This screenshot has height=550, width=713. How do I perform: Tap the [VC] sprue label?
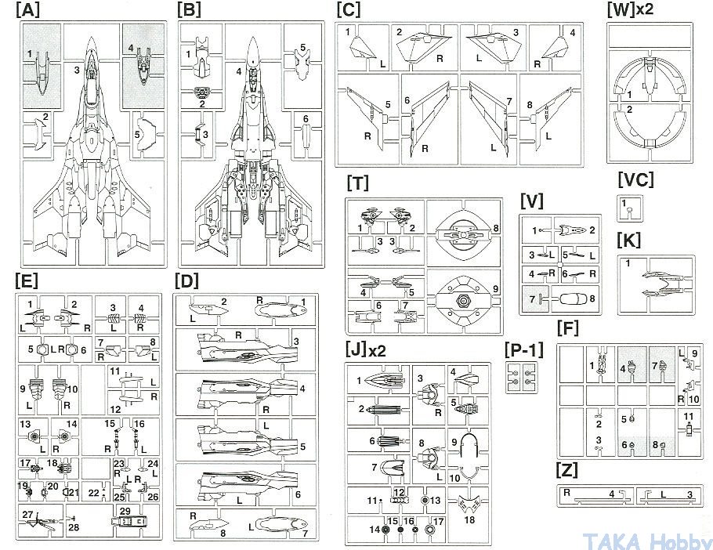pyautogui.click(x=635, y=179)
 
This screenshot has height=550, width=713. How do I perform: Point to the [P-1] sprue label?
pyautogui.click(x=524, y=349)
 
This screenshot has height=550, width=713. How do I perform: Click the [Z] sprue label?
pyautogui.click(x=566, y=471)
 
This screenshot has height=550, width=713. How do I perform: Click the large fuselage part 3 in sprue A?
pyautogui.click(x=95, y=149)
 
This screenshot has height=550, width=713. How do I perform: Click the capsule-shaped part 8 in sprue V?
pyautogui.click(x=573, y=298)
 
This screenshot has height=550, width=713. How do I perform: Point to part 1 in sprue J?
pyautogui.click(x=385, y=382)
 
